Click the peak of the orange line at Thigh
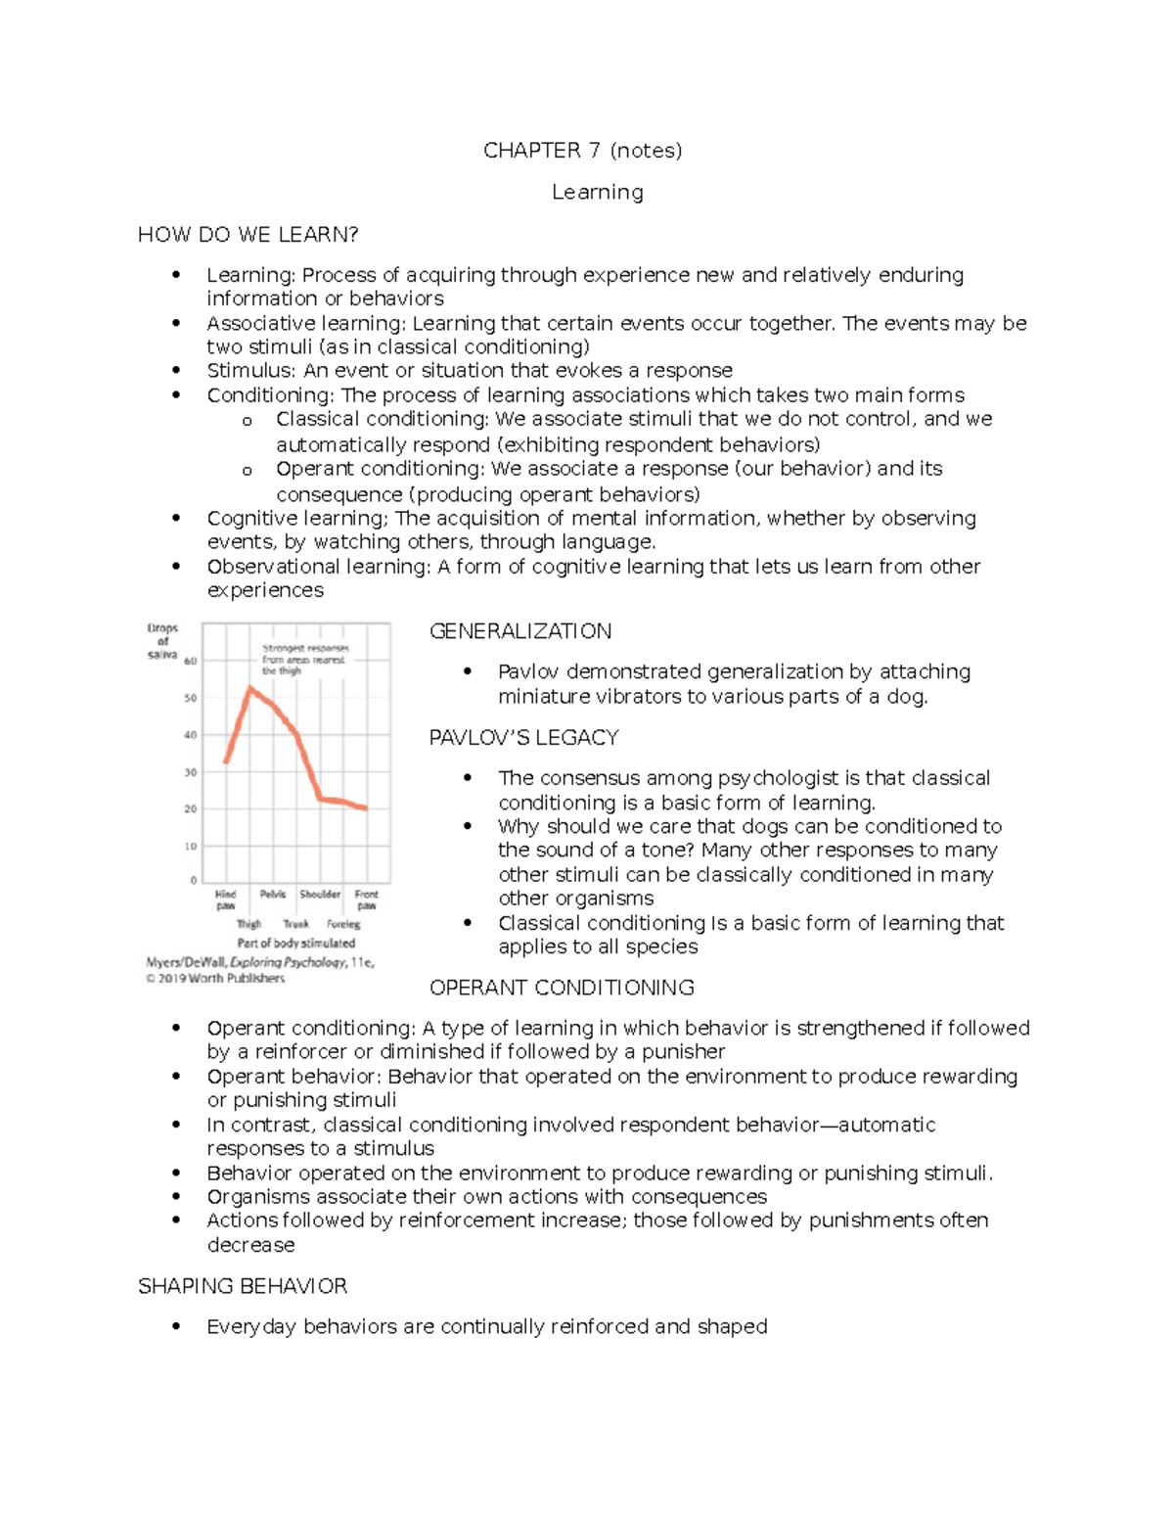click(x=250, y=688)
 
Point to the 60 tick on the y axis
click(x=191, y=661)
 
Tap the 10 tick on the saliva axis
click(x=191, y=846)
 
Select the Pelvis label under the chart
click(x=273, y=894)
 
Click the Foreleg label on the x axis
click(x=343, y=923)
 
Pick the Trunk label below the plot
click(x=295, y=923)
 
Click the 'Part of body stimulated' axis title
click(x=295, y=943)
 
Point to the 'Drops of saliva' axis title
click(x=162, y=641)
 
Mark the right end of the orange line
click(x=366, y=807)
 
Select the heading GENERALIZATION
click(x=520, y=631)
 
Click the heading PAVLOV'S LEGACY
click(x=523, y=737)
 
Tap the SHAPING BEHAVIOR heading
click(x=243, y=1285)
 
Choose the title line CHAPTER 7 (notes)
click(x=582, y=150)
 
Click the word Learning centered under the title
click(x=597, y=192)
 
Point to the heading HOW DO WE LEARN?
click(x=248, y=234)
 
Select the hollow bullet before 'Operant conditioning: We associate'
click(x=248, y=471)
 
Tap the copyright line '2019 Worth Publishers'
click(x=220, y=978)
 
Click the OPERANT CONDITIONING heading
click(x=562, y=987)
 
